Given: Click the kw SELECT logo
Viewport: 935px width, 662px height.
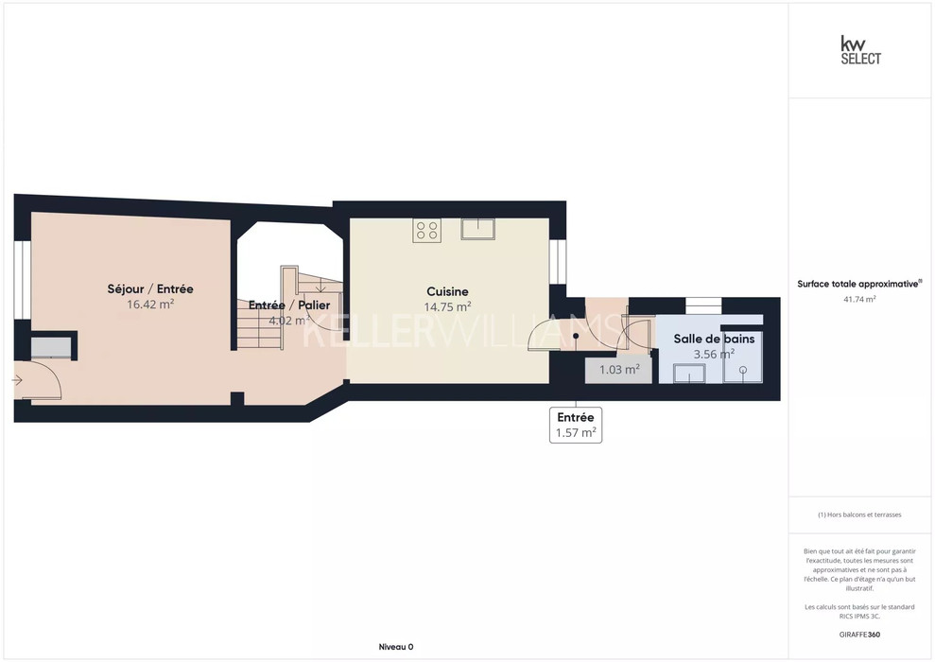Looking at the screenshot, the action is coord(860,50).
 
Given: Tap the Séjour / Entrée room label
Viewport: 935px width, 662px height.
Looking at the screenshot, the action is coord(150,289).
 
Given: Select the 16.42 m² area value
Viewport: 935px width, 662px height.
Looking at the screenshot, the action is coord(150,305).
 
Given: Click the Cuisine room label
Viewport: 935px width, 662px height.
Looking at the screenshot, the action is coord(447,291).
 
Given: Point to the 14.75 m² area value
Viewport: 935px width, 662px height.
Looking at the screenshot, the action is coord(447,307).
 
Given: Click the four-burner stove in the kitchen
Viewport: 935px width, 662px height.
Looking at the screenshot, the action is coord(427,230).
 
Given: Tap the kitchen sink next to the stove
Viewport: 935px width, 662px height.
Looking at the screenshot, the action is coord(477,229).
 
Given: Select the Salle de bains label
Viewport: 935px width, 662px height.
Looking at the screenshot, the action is coord(714,339).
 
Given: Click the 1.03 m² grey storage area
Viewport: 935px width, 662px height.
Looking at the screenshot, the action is coord(619,370).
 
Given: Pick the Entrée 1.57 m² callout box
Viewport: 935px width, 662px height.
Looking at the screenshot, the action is coord(576,426).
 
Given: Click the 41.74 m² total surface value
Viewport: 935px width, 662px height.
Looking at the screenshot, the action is coord(859,300).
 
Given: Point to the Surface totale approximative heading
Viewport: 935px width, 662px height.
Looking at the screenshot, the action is coord(859,284).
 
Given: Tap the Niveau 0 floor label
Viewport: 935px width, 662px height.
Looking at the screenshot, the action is coord(396,647).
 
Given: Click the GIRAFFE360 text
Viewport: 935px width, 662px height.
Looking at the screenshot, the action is coord(859,635).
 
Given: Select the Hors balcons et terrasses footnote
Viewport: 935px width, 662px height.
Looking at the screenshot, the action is coord(859,514).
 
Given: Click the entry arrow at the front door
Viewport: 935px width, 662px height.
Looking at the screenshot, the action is coord(17,380).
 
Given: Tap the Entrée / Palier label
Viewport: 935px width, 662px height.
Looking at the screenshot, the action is coord(289,305).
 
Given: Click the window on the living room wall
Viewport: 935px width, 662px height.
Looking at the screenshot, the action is coord(22,280).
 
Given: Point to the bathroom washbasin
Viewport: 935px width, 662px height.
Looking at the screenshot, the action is coord(689,374).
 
